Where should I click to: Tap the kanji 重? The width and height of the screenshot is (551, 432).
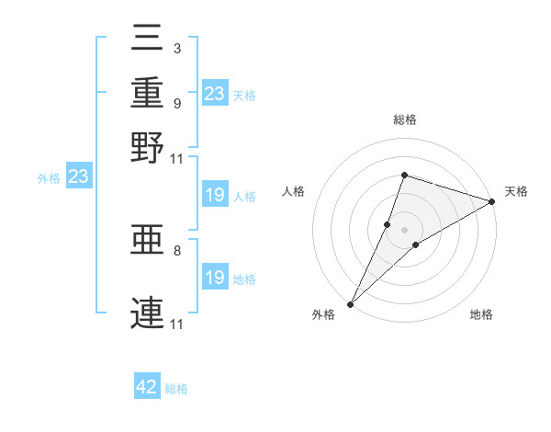(x=148, y=93)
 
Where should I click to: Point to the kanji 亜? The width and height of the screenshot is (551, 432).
(x=148, y=242)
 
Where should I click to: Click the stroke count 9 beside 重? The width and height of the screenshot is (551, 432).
(x=176, y=103)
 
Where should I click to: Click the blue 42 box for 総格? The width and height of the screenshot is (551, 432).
(x=147, y=387)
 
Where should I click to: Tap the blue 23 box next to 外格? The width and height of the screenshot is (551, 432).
(x=78, y=176)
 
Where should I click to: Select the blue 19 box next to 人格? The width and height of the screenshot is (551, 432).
(x=215, y=195)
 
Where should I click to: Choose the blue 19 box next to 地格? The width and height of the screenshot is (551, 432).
(x=215, y=278)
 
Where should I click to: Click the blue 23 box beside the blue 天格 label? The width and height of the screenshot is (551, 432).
(x=215, y=94)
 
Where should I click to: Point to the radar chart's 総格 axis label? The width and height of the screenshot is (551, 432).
(x=404, y=119)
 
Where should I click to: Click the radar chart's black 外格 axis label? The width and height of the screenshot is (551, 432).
(x=324, y=314)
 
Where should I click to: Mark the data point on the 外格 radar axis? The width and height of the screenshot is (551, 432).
(x=350, y=304)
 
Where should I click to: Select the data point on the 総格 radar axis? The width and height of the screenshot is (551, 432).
(x=404, y=175)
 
